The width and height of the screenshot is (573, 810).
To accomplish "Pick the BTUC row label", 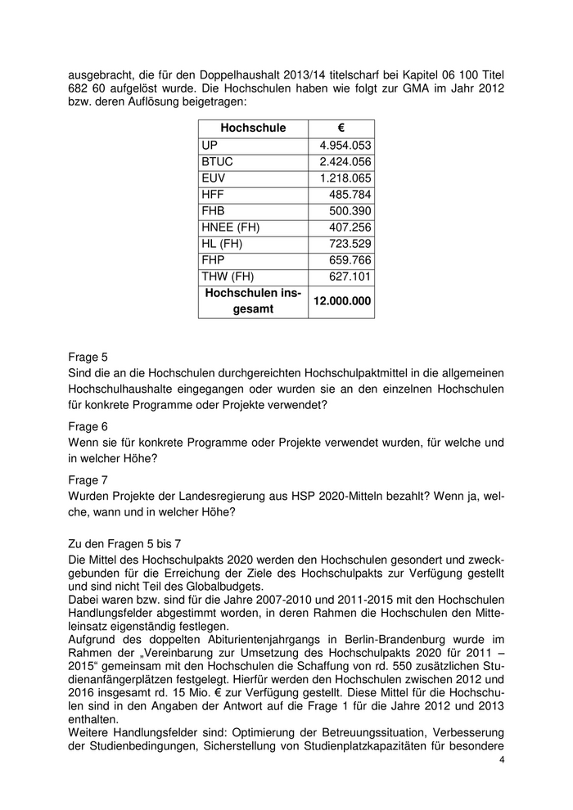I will pos(217,162).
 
